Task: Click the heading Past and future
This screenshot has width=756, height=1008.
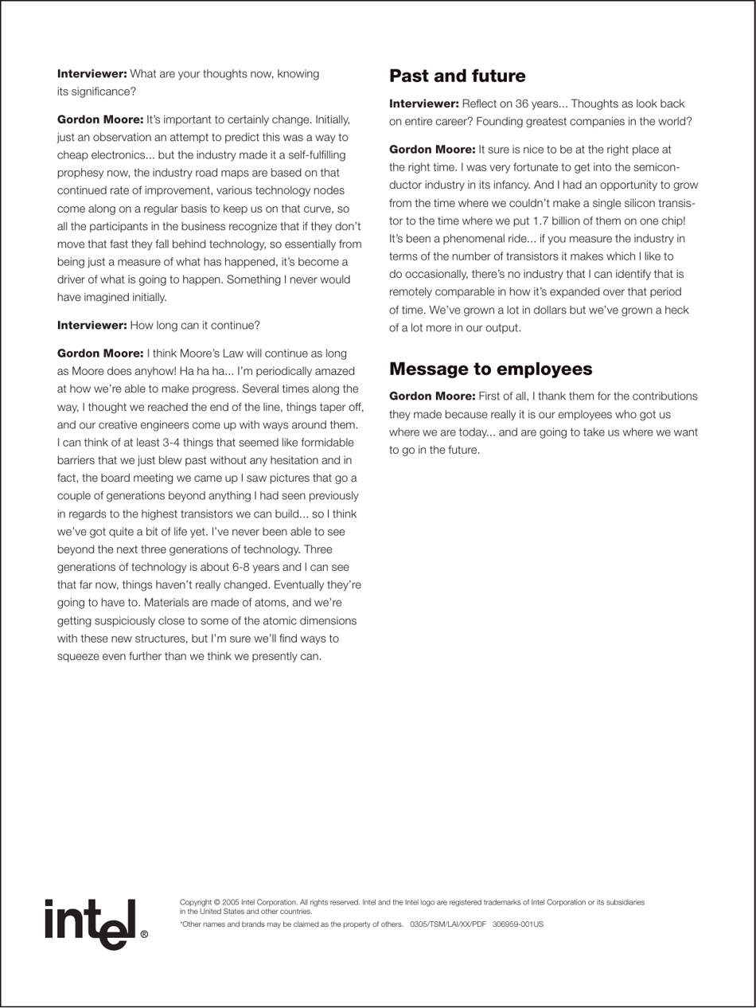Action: coord(458,76)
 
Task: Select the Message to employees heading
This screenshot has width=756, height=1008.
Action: coord(490,369)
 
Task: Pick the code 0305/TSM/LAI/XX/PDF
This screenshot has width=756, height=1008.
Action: coord(447,924)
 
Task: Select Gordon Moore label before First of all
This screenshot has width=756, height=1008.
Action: coord(432,396)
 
